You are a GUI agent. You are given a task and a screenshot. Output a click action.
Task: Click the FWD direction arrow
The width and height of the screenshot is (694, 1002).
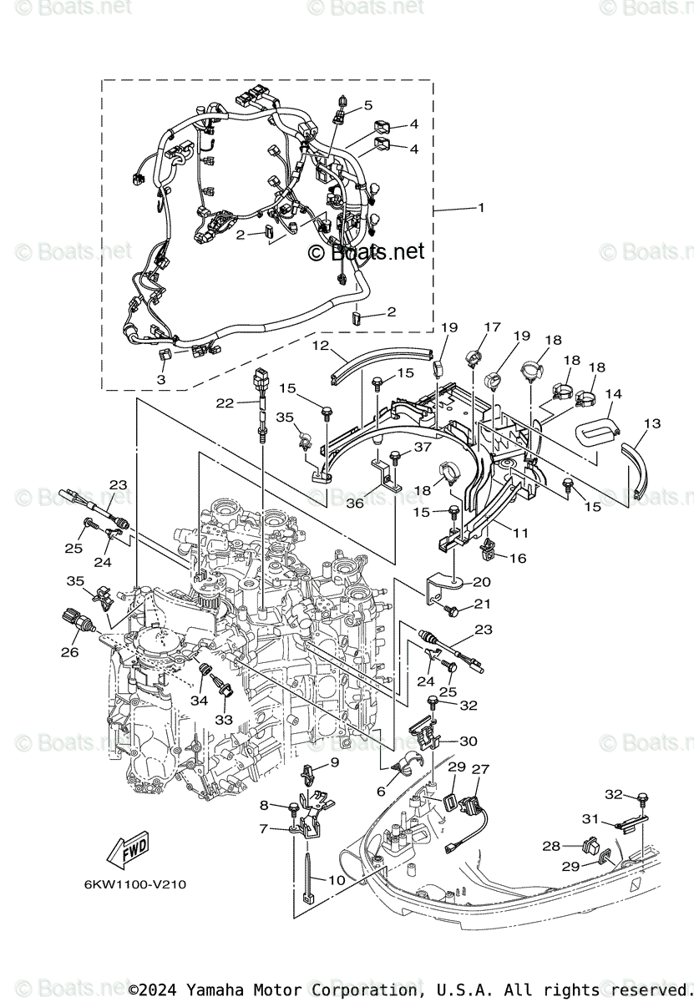[x=124, y=853]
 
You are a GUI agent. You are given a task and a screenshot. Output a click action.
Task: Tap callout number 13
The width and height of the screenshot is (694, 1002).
[x=652, y=424]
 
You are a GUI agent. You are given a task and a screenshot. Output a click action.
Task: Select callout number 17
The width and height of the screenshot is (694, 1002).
[x=491, y=327]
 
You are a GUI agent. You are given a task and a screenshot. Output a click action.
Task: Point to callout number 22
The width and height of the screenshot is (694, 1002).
[x=225, y=402]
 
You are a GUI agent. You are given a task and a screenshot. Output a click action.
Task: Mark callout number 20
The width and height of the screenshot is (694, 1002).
[x=482, y=582]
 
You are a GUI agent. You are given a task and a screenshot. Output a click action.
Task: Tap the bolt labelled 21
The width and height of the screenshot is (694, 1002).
[x=453, y=613]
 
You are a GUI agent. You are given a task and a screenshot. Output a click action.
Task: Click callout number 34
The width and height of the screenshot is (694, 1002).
[x=199, y=701]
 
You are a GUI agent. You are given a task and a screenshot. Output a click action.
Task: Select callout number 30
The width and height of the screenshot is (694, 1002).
[x=469, y=741]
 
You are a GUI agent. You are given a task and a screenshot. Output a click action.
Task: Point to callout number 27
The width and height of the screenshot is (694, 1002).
[x=481, y=769]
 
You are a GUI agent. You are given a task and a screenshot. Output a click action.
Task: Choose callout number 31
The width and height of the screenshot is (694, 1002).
[x=614, y=818]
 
